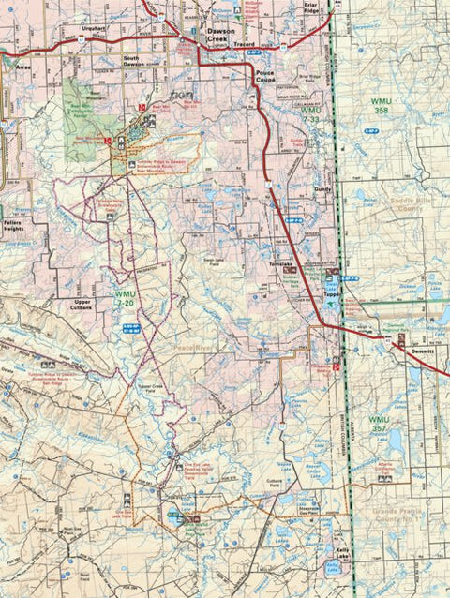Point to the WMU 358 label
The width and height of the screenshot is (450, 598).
point(382,106)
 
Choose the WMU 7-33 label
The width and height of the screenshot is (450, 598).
point(312,116)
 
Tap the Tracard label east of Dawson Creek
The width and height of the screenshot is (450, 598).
point(245,44)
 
